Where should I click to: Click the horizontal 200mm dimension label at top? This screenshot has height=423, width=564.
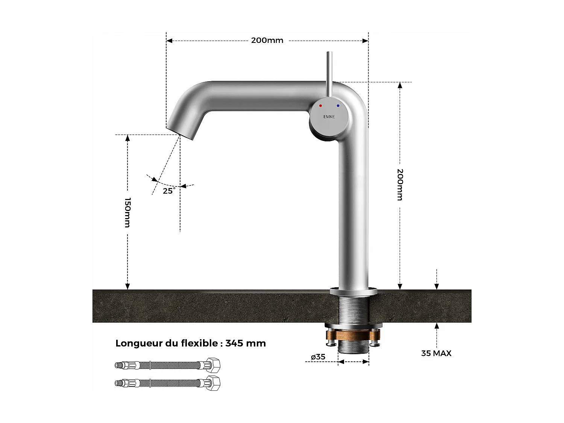(267, 40)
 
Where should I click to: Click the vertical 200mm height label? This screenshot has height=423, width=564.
(400, 184)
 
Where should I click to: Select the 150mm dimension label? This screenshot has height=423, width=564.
(127, 212)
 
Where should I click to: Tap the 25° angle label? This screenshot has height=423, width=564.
(169, 191)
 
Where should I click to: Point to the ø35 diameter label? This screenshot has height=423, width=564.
(318, 357)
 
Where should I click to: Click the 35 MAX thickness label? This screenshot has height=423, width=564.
(436, 353)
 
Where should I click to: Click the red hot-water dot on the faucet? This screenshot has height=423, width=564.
(320, 106)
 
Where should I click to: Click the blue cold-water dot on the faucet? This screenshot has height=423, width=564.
(338, 106)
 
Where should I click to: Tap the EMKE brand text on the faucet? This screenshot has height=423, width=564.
(329, 117)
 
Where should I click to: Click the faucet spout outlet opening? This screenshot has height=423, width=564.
(180, 132)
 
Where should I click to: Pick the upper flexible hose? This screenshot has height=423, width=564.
(167, 365)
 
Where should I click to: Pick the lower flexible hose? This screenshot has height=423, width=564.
(167, 383)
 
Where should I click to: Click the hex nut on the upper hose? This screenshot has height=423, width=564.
(213, 365)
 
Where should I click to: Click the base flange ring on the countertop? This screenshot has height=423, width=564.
(353, 291)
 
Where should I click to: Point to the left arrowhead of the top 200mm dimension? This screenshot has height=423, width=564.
(169, 41)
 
